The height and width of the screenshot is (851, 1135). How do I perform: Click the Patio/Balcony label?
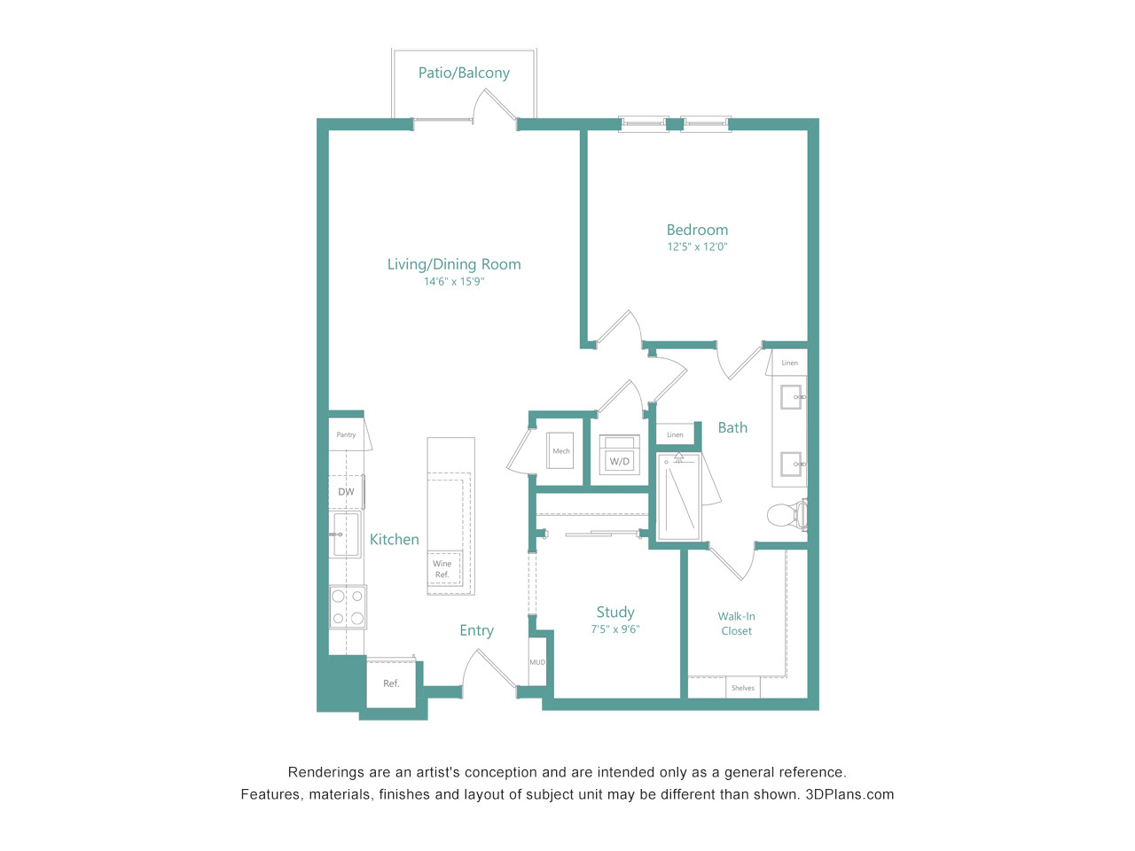point(464,73)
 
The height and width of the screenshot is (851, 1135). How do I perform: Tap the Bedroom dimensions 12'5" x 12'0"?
point(697,246)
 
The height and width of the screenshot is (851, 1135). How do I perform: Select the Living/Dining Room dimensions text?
point(454,282)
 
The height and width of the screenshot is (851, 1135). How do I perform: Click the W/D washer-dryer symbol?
point(619,455)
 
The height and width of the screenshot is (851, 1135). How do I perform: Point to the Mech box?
point(560,450)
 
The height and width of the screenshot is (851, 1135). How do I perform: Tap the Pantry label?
point(346,434)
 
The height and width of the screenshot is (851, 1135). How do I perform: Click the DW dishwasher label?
point(346,492)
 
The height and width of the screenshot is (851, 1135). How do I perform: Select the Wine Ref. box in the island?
point(443,568)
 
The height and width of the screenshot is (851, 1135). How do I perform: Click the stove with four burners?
point(348,606)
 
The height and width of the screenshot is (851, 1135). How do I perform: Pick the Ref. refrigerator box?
point(391,683)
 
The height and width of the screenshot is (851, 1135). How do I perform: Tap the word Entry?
point(476,630)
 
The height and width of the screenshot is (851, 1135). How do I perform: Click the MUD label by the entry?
point(537,662)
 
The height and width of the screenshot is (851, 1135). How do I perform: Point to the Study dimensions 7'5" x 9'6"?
point(615,628)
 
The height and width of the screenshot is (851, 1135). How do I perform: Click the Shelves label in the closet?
point(742,688)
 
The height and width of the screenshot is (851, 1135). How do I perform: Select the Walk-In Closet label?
point(736,623)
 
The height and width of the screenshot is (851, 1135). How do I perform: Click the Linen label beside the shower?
point(675,434)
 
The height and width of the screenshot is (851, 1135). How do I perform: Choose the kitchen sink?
point(346,535)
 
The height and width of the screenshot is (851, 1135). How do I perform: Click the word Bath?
point(732,427)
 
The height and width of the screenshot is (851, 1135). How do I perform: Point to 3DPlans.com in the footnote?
point(849,794)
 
